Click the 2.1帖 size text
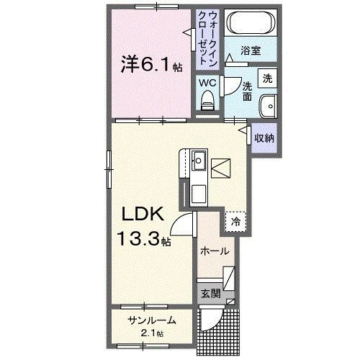(151, 333)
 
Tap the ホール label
(215, 251)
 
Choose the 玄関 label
(210, 294)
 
